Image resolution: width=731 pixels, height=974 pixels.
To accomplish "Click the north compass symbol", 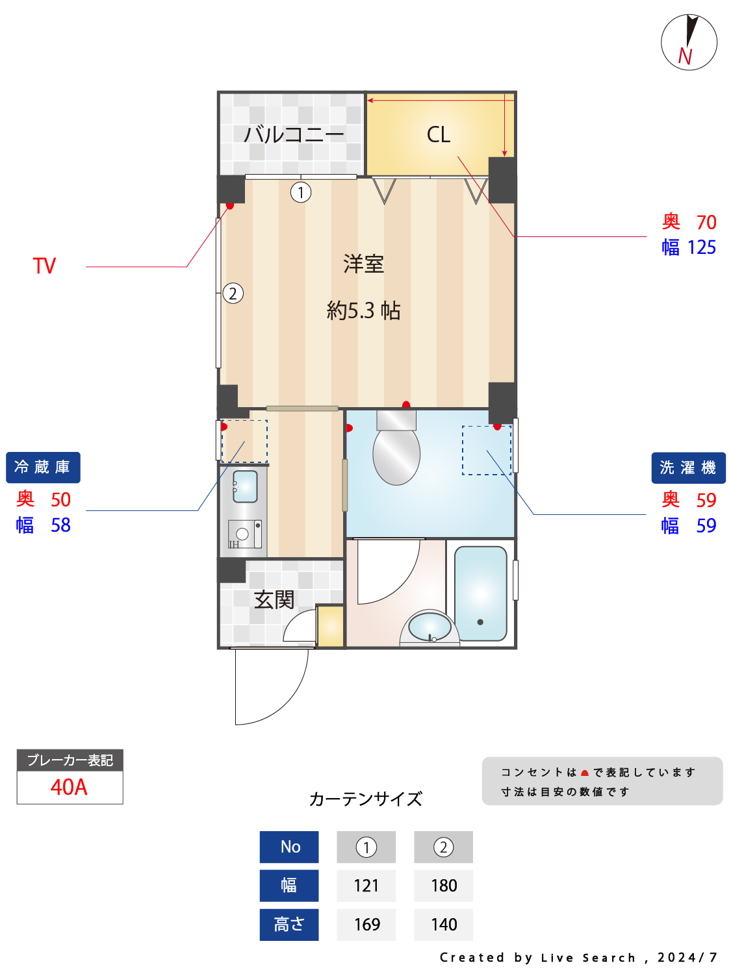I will (689, 42).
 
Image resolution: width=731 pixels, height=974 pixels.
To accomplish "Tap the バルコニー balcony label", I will (294, 134).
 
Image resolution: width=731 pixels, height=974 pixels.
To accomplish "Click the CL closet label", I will (439, 134).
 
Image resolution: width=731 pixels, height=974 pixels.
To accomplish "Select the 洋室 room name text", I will (364, 264).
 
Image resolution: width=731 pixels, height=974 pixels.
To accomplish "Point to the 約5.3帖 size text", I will (364, 310).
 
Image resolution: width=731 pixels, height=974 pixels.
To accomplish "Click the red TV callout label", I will (44, 266).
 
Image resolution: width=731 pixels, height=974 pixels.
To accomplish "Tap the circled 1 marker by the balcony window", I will (301, 192).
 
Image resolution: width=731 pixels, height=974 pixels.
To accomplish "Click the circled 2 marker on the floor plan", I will (233, 293).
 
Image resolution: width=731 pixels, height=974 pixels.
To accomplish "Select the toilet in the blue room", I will (396, 451).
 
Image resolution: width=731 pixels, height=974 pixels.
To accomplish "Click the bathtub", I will (481, 593).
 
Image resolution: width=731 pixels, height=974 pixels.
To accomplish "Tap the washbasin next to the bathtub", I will (430, 627).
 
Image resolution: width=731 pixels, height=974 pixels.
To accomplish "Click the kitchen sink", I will (245, 486).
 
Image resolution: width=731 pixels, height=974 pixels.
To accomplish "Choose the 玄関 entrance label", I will (274, 599).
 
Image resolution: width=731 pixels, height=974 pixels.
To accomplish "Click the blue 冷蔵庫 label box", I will (43, 468).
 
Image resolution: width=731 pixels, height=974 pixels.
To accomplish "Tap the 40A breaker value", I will (69, 787).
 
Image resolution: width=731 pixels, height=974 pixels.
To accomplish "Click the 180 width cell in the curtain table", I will (444, 886).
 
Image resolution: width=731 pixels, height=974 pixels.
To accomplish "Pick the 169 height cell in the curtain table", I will (366, 925).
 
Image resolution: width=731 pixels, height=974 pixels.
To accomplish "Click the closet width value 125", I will (702, 247).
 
